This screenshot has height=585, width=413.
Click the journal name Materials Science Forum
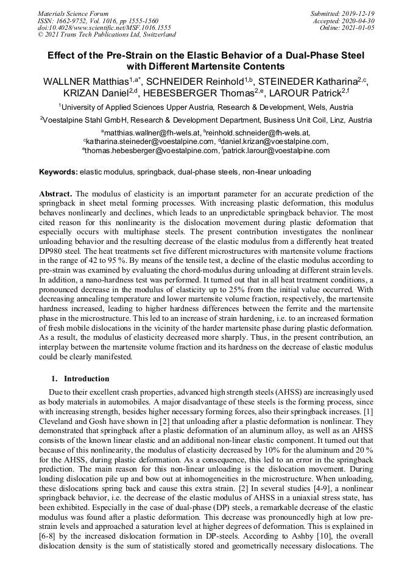point(73,13)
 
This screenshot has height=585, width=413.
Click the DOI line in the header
point(104,28)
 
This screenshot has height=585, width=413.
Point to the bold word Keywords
point(58,173)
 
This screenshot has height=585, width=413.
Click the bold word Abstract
point(56,192)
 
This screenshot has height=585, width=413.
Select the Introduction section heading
point(86,379)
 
